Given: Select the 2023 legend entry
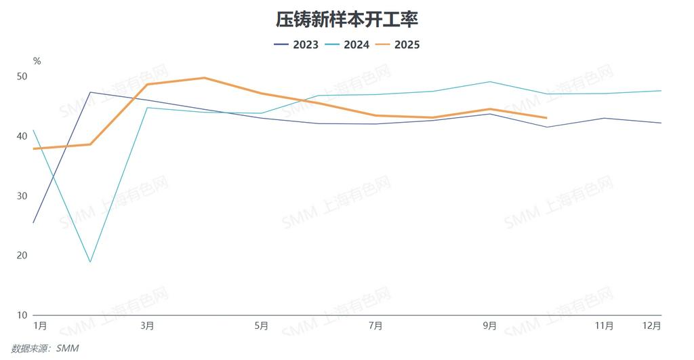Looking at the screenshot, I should coord(299,45).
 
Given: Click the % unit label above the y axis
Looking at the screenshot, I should coord(37,61).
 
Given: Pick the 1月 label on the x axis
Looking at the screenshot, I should coord(40,326).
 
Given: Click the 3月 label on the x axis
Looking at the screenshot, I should coord(147,326).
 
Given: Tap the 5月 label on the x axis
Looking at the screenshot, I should coord(262,326).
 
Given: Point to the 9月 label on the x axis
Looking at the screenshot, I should coord(490,326).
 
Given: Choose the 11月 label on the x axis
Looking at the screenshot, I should coord(605,326).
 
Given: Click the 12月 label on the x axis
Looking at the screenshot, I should coord(652,326).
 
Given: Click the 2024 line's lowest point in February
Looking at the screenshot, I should coord(90,262).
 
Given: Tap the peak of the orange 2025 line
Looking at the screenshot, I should coord(205,78).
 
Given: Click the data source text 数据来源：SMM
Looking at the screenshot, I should coord(50,348).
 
